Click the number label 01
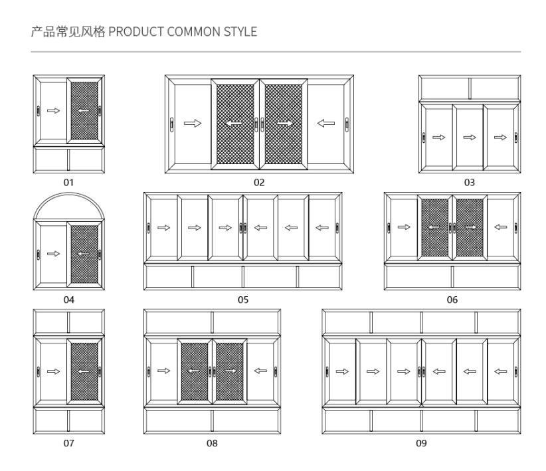tap(69, 182)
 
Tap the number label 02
tap(258, 182)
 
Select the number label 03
tap(470, 182)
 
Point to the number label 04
tap(69, 300)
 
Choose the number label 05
tap(243, 300)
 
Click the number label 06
tap(452, 300)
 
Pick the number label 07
tap(69, 443)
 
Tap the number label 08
tap(212, 443)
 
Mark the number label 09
tap(421, 443)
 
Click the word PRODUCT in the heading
tap(132, 32)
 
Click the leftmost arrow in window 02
tap(192, 123)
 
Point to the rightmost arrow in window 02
tap(325, 123)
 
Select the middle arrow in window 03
tap(470, 138)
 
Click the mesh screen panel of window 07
tap(84, 371)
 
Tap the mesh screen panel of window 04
tap(84, 253)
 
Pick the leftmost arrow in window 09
tap(341, 371)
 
